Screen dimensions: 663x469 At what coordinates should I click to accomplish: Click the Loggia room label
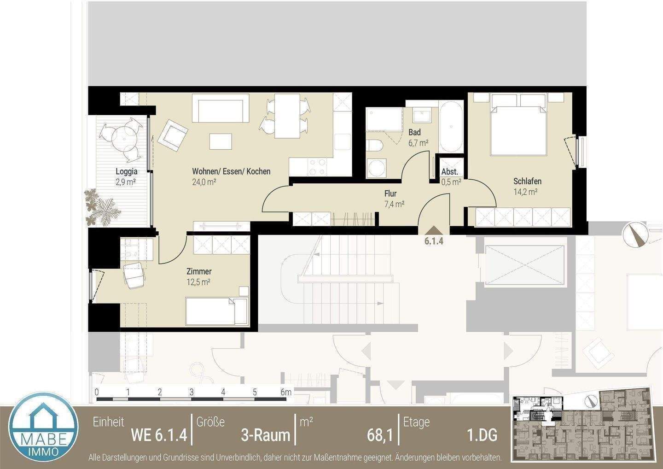point(126,171)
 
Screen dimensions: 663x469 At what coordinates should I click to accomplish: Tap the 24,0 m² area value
point(204,182)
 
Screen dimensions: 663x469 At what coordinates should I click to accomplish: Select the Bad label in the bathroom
point(415,132)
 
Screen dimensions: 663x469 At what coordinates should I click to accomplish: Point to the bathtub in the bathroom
point(451,126)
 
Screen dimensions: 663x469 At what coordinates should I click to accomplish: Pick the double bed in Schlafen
point(518,124)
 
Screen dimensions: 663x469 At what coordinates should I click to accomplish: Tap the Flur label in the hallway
point(390,193)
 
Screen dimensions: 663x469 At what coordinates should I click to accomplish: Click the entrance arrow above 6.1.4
point(434,231)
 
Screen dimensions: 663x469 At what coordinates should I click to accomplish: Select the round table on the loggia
point(124,138)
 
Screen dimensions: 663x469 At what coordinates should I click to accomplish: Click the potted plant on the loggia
point(102,208)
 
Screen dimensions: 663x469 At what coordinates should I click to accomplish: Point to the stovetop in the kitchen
point(317,167)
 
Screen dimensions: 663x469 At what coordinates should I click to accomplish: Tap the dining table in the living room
point(287,116)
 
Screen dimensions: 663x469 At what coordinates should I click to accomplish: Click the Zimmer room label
point(199,271)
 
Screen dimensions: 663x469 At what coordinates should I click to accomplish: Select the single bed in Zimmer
point(217,311)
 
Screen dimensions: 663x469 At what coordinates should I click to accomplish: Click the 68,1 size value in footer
point(380,435)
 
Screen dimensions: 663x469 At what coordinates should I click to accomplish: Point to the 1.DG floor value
point(482,435)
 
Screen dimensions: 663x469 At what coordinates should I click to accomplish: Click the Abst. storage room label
point(450,171)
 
